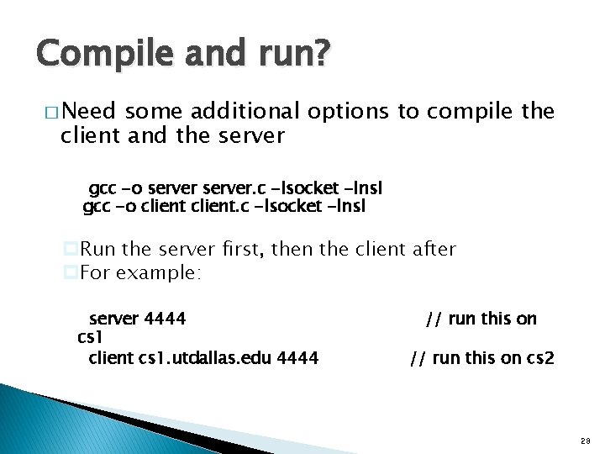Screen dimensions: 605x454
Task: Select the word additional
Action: pos(244,112)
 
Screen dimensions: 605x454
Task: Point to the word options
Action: pos(350,112)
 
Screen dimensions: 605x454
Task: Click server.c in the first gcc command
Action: pos(227,188)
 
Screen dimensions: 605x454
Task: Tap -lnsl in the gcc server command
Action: pos(364,188)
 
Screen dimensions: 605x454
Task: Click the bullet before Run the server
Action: pos(71,249)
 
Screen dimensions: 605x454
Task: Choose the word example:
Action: pos(159,272)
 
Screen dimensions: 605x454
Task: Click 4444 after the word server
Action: pos(165,319)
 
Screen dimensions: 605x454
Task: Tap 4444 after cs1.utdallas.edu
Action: pos(297,358)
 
